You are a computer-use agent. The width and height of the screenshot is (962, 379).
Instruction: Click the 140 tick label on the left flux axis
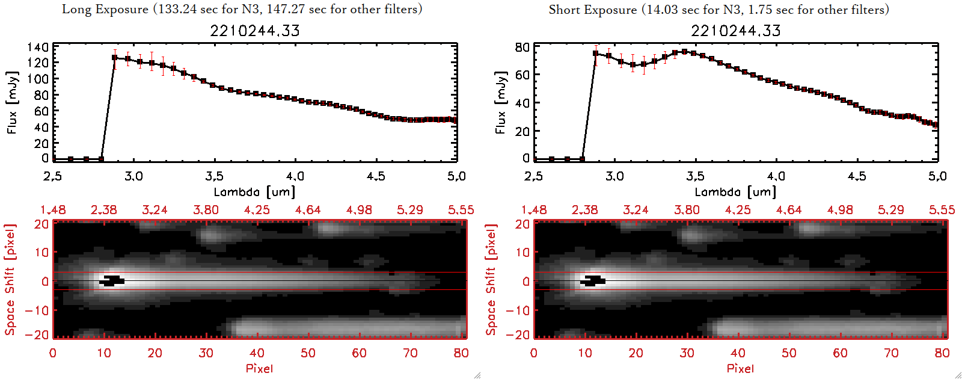click(37, 47)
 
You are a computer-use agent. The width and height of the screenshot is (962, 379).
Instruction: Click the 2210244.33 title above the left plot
click(255, 31)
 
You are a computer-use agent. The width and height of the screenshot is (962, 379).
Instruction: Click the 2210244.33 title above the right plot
click(736, 31)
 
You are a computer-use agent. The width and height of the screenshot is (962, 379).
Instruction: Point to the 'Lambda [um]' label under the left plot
click(254, 192)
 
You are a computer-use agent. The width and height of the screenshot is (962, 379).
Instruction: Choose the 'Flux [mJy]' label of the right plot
click(500, 102)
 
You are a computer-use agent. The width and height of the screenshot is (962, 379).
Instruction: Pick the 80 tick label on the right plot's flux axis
click(522, 47)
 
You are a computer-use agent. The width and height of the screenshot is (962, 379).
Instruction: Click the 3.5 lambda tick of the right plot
click(695, 176)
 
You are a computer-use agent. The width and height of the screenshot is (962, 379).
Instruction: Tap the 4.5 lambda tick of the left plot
click(376, 176)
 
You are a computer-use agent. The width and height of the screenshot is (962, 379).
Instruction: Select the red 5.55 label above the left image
click(461, 210)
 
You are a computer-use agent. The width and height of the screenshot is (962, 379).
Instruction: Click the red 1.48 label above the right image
click(534, 210)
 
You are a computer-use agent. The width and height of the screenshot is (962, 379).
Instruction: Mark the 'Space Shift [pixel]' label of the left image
click(10, 280)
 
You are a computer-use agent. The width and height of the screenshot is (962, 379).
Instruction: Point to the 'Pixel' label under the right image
click(740, 368)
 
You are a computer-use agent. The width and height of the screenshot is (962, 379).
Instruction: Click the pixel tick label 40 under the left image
click(257, 353)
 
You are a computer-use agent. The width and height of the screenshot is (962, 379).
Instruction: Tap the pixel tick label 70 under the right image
click(891, 353)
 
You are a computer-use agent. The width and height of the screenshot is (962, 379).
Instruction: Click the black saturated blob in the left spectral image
click(112, 280)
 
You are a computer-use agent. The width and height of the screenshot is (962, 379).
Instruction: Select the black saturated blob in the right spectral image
click(593, 280)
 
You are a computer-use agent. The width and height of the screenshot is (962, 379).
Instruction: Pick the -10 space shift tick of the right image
click(517, 310)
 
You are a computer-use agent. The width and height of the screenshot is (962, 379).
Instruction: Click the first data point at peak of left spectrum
click(114, 58)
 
